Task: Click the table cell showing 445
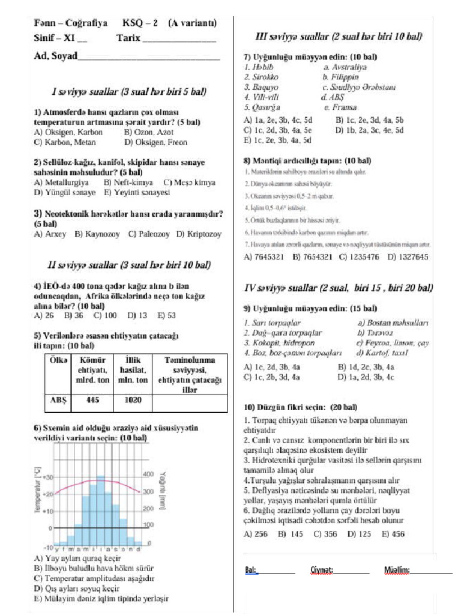coord(92,400)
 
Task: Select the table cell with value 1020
coord(133,400)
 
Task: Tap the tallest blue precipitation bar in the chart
coord(101,510)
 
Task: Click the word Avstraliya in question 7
coord(345,68)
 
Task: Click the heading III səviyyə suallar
coord(339,36)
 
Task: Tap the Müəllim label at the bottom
coord(397,569)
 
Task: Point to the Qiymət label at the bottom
coord(322,569)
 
